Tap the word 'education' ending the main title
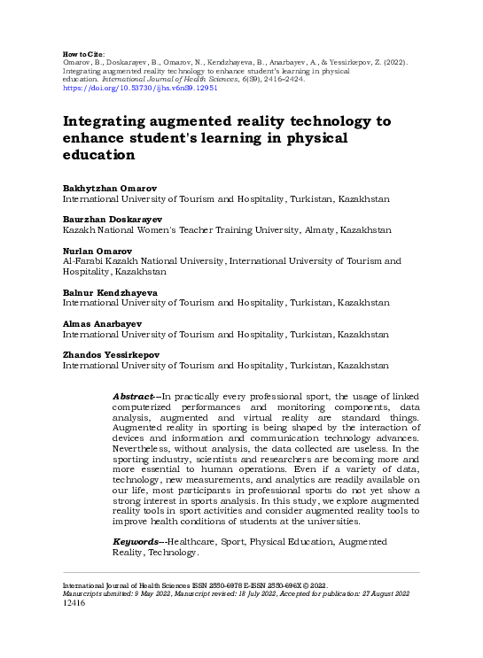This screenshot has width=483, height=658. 98,155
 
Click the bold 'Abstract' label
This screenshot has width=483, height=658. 134,395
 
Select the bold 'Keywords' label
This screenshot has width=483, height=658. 136,541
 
